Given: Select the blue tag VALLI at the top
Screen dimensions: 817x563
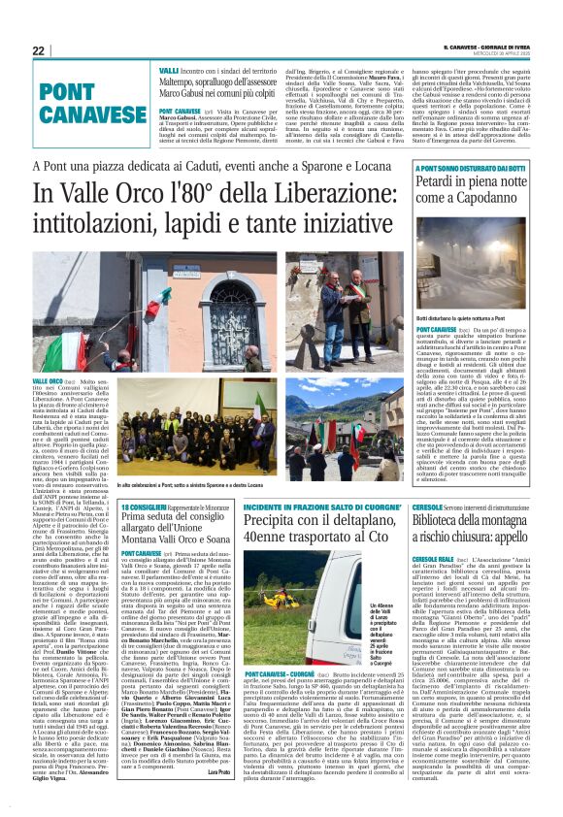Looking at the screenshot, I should pyautogui.click(x=169, y=71).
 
